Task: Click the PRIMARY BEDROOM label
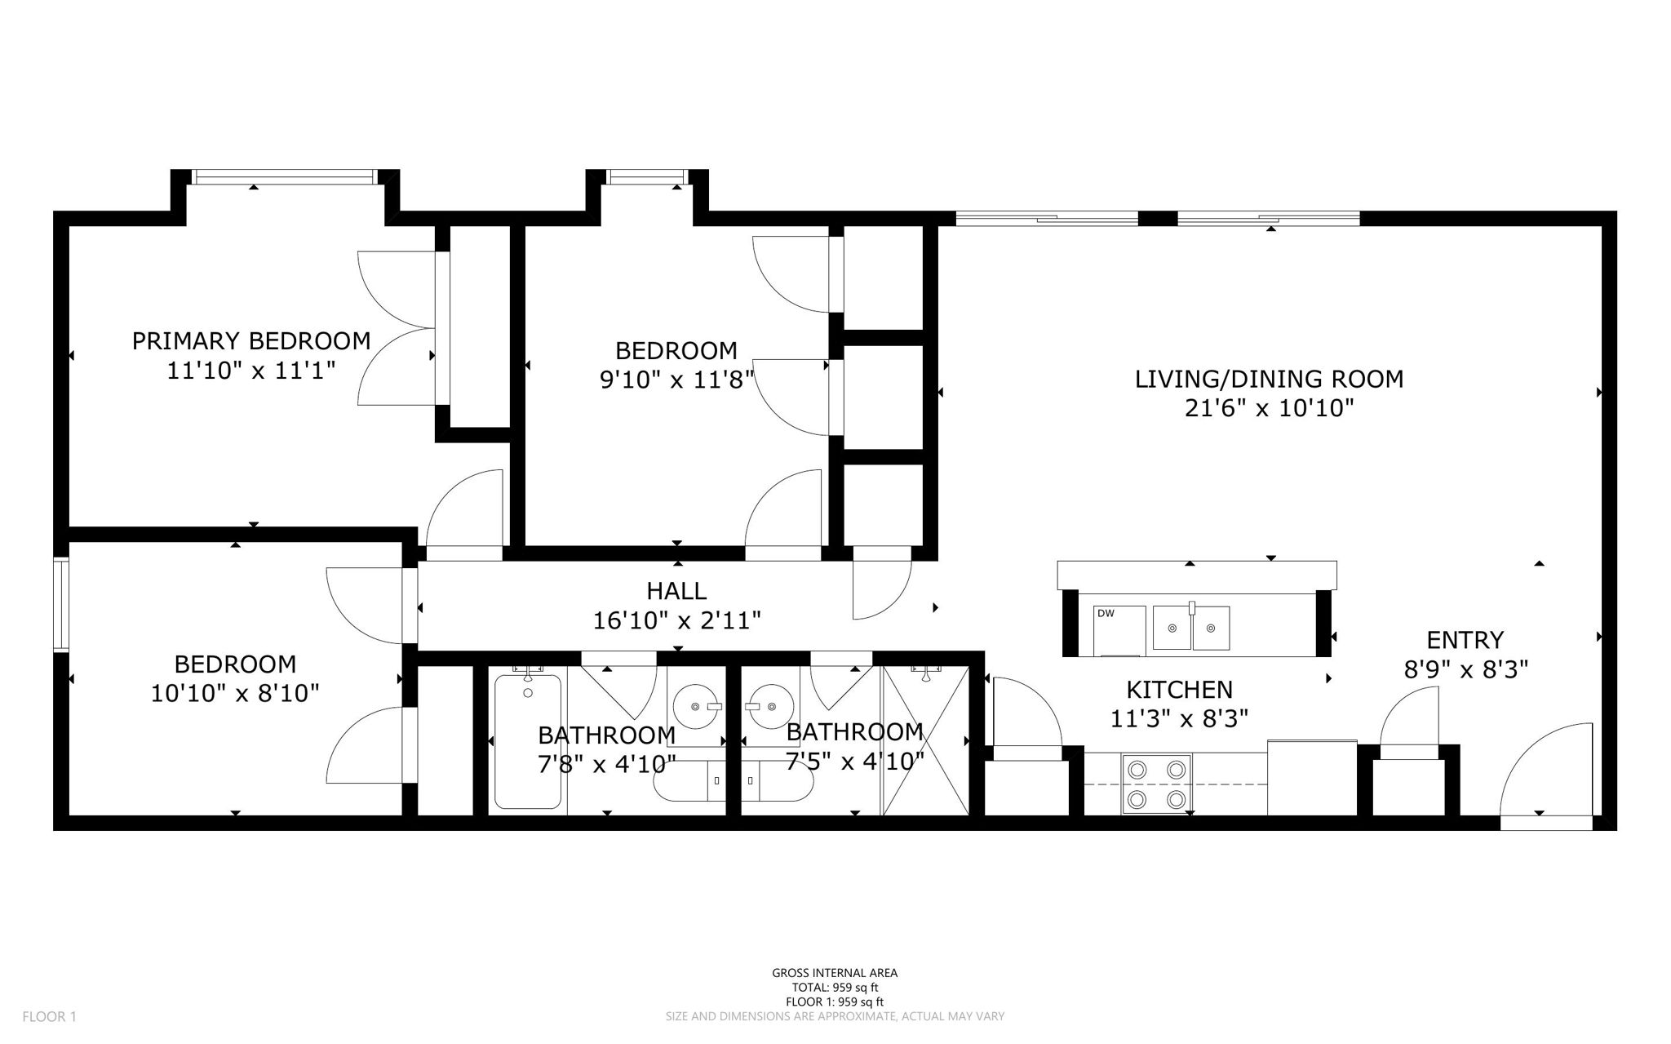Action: [x=251, y=340]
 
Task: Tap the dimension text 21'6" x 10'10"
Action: [x=1269, y=408]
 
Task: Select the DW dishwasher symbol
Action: [x=1119, y=630]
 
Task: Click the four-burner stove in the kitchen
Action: [x=1156, y=784]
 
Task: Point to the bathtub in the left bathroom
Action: [x=528, y=741]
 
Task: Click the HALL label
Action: [x=676, y=590]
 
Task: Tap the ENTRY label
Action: [x=1465, y=639]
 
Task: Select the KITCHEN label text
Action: [x=1179, y=690]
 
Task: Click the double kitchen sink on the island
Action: [x=1191, y=628]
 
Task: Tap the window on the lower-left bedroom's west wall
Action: [x=60, y=604]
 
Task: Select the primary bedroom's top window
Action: [x=284, y=176]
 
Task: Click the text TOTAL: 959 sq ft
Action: [x=835, y=987]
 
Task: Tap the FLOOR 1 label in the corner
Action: [x=49, y=1016]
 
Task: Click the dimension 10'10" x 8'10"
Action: [x=235, y=694]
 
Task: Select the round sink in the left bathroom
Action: [x=696, y=706]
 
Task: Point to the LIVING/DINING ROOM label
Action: [x=1269, y=379]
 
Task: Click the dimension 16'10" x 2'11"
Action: [x=676, y=620]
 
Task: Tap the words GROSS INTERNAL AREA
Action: [x=835, y=972]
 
